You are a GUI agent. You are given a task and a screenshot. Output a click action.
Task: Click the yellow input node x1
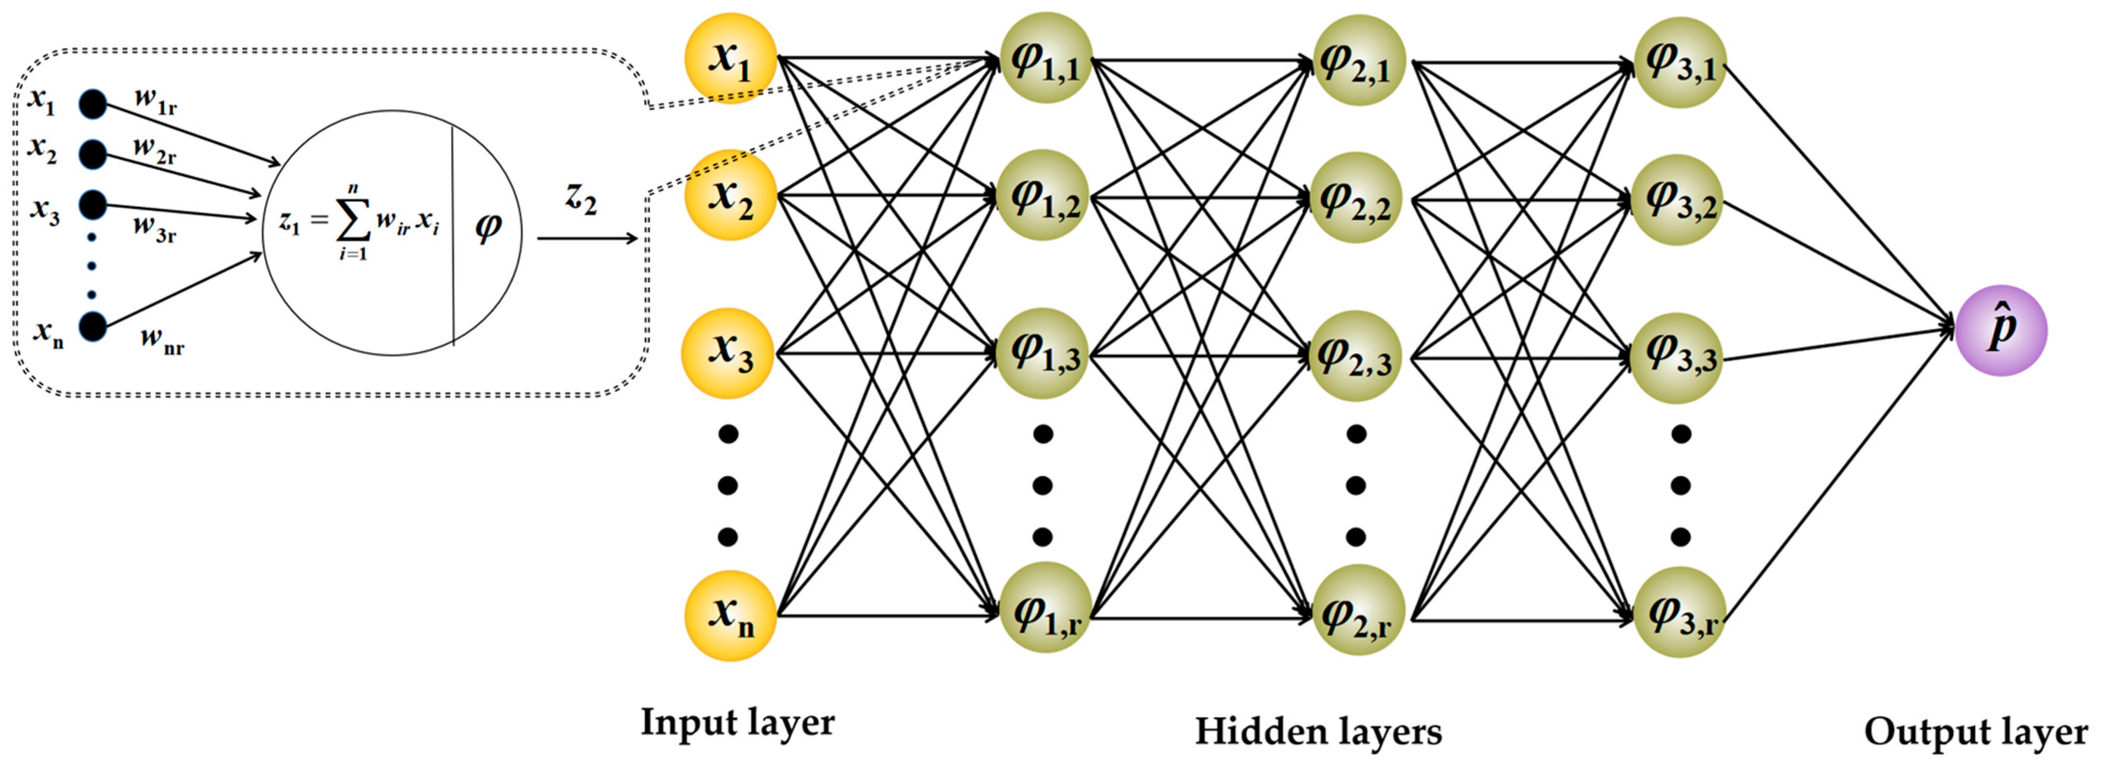(x=730, y=59)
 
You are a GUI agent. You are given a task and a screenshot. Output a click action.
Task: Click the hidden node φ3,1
(x=1679, y=62)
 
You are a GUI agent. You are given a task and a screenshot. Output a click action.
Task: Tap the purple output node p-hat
(x=2001, y=330)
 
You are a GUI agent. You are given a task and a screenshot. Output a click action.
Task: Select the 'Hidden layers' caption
(x=1318, y=731)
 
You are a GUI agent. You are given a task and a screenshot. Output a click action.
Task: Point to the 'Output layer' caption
(x=1975, y=731)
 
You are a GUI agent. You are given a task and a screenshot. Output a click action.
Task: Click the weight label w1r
(x=156, y=101)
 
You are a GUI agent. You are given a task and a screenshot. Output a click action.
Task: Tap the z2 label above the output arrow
(x=581, y=198)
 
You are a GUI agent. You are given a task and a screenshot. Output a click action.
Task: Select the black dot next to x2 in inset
(x=92, y=153)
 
